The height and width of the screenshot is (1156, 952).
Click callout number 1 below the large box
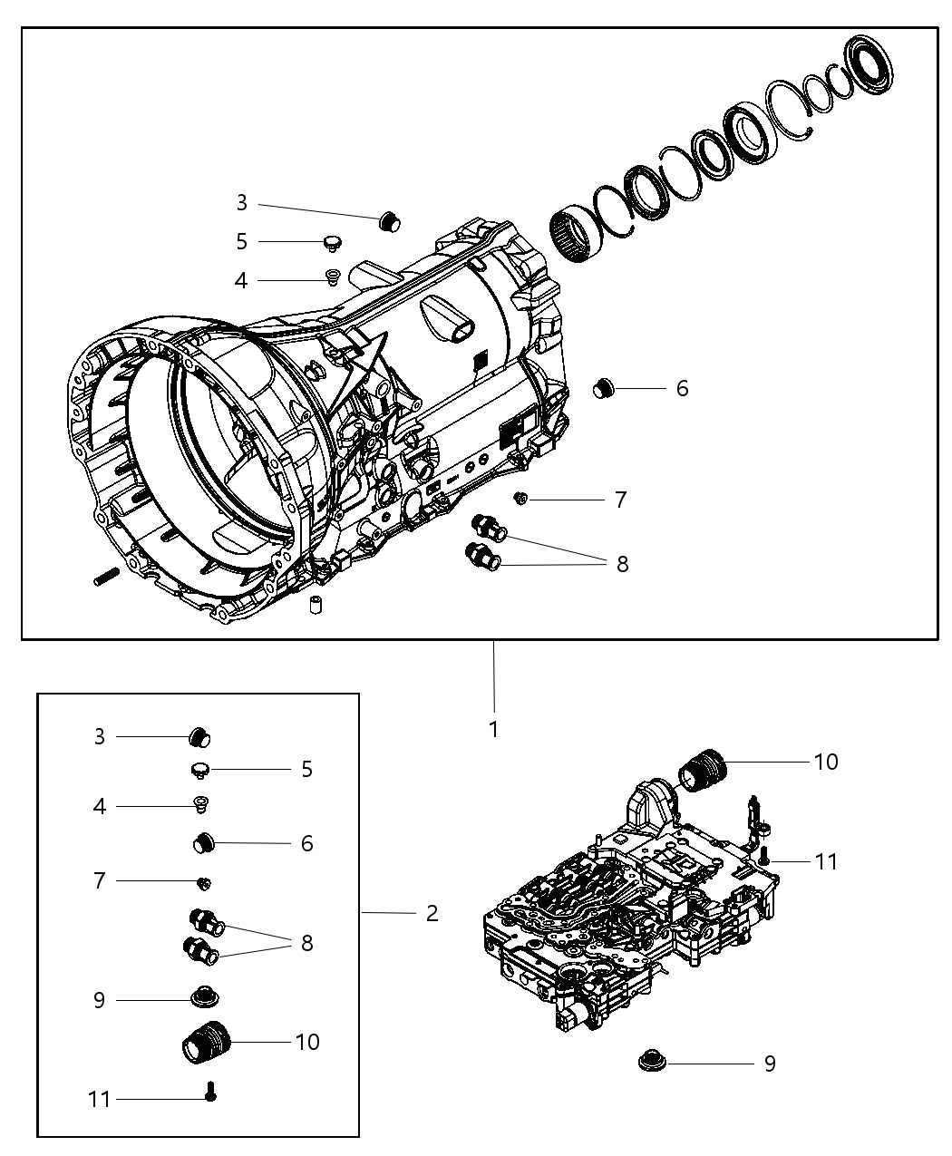493,729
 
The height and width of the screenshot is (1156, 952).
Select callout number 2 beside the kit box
432,913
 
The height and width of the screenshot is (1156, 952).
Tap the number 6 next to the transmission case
682,388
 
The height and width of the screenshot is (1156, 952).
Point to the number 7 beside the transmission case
620,500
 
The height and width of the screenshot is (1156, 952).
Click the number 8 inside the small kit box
306,943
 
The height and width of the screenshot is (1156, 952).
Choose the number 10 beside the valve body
826,762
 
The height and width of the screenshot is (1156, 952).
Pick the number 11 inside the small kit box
100,1099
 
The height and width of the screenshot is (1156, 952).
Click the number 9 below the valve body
770,1064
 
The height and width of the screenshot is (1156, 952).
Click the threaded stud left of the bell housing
106,576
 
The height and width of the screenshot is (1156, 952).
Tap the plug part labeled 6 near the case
604,389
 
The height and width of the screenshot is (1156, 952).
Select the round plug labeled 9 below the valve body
649,1060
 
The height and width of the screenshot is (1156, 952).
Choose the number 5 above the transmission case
240,242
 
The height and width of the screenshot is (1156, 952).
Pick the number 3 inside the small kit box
100,737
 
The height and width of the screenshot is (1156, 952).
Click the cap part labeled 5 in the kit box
200,770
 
